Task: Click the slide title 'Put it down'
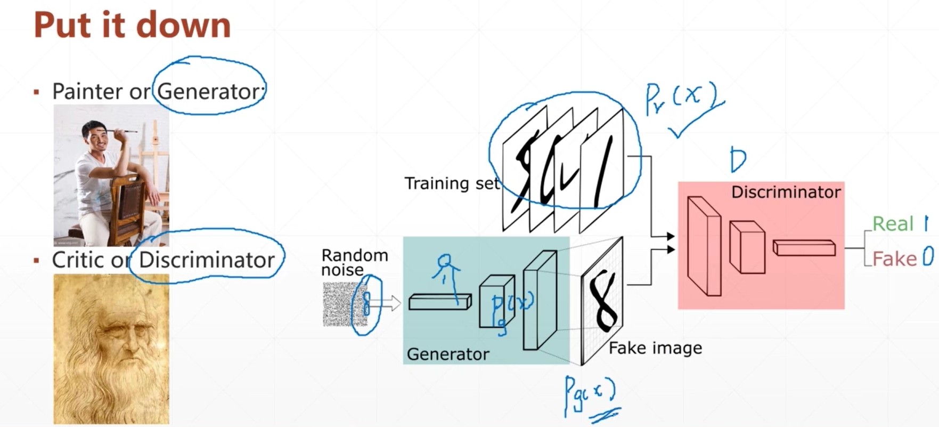[x=132, y=25]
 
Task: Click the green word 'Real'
[x=893, y=224]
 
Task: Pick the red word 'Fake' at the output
[x=894, y=259]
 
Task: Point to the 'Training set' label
[x=452, y=183]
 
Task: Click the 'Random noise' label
[x=354, y=262]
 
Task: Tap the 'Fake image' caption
[x=655, y=348]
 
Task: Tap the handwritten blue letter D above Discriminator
[x=738, y=160]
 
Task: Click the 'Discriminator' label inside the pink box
[x=786, y=192]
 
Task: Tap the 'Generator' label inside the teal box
[x=447, y=354]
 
